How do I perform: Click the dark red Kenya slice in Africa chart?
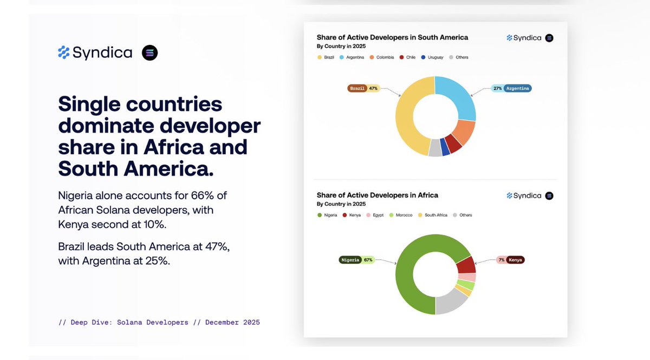tap(465, 265)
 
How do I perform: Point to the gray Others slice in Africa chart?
tap(451, 303)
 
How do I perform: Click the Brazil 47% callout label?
tap(363, 88)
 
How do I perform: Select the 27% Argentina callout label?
tap(511, 88)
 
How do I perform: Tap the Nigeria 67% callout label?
tap(356, 260)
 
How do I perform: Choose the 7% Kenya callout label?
tap(510, 260)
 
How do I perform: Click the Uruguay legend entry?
tap(432, 57)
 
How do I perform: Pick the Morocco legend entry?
tap(401, 215)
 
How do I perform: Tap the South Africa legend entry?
tap(433, 215)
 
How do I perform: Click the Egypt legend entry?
tap(375, 215)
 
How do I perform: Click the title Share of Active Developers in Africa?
tap(377, 195)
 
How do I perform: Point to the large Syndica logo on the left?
tap(95, 53)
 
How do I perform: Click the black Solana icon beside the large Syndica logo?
tap(149, 53)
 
